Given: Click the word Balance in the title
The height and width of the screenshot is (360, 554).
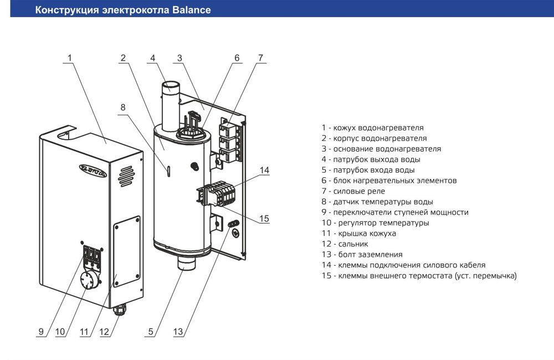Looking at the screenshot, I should point(190,10).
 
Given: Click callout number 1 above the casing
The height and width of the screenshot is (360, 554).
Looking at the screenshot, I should point(70,58).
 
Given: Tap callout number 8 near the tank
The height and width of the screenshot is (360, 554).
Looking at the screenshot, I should point(123,107).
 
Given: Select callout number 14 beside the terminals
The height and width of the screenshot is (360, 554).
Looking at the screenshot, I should point(264,170).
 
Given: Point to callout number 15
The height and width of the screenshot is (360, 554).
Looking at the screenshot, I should point(264,219).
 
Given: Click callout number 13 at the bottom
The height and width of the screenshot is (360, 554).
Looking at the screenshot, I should point(178,332).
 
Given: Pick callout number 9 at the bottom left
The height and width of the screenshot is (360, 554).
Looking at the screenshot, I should point(41,332).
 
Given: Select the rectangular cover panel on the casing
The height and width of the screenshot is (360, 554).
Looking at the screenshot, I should point(126,252).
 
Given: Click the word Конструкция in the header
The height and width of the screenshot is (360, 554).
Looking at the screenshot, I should point(69,10).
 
